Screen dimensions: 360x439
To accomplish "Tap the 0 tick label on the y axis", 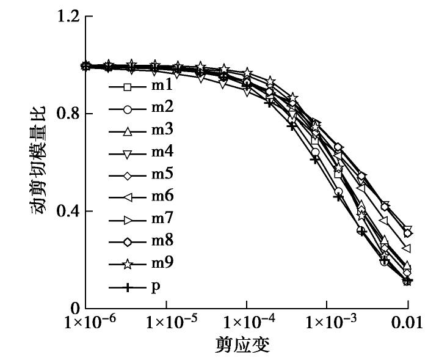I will (74, 309).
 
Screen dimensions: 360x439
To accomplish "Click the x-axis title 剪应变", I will (246, 347).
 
